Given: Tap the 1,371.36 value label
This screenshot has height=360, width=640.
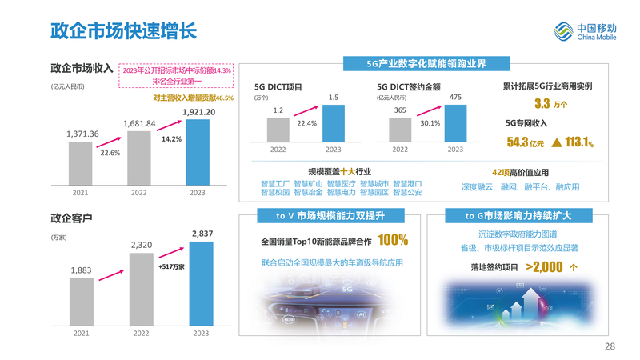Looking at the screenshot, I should pos(82,134).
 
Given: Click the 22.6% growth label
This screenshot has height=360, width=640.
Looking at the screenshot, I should pos(110,153).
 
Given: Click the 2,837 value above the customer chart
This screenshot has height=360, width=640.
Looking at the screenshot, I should pos(202,234).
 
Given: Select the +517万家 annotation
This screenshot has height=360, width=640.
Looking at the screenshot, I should pos(171,266).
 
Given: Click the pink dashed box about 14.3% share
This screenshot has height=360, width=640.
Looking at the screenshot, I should pos(177,75).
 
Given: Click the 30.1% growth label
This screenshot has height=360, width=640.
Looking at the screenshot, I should pos(430,123).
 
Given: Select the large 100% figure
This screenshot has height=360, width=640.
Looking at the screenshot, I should pos(394,240).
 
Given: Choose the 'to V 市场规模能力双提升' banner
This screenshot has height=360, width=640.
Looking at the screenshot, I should pos(330,216).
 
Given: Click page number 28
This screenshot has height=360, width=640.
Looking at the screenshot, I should pos(610,346).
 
